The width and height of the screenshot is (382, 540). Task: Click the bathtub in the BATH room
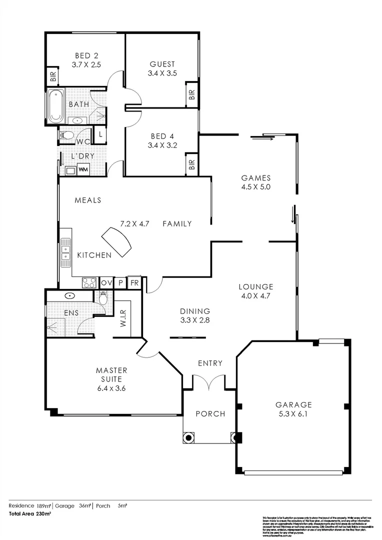[54, 107]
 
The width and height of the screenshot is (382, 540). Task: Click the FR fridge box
[134, 283]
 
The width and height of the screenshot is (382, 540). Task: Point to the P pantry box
[120, 283]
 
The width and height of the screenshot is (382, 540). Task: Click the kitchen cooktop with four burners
[89, 283]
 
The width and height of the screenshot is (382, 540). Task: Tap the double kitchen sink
[65, 252]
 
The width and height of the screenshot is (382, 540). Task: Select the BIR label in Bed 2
[52, 77]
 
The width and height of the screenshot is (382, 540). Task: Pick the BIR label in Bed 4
[192, 164]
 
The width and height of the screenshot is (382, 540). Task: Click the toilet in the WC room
[67, 135]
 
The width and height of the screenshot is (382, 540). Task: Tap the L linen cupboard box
[100, 134]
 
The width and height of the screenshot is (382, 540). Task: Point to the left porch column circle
[188, 438]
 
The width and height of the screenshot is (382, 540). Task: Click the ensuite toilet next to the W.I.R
[103, 298]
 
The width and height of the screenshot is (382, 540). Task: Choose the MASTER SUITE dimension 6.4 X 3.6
[111, 387]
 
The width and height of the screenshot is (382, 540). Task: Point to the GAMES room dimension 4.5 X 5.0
[255, 187]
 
